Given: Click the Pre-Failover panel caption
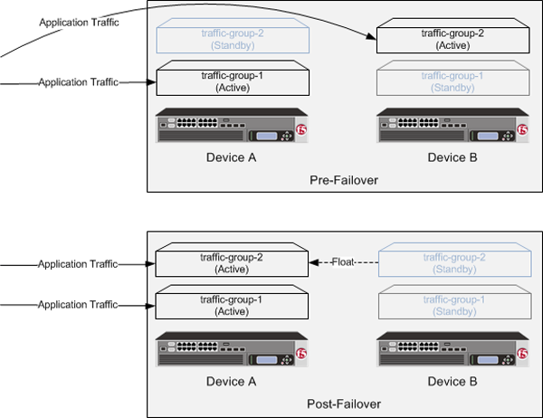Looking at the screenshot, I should [343, 180].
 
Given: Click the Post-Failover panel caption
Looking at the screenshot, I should [343, 404].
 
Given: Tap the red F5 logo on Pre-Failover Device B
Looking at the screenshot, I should [521, 131].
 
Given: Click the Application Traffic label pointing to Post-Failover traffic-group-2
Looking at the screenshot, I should [79, 264].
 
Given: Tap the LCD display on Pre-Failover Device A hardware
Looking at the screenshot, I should [268, 137].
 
